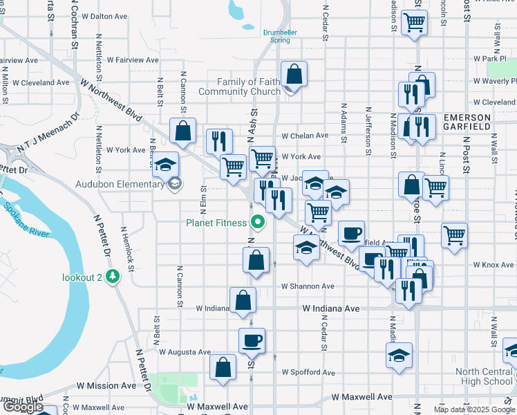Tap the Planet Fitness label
(x=216, y=223)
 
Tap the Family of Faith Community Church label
(x=239, y=86)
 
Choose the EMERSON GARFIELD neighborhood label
(x=467, y=122)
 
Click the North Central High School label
(x=484, y=376)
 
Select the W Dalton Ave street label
(x=103, y=15)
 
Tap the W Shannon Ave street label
(x=308, y=286)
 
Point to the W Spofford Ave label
(x=308, y=372)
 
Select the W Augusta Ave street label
(x=185, y=351)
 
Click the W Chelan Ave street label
(x=305, y=136)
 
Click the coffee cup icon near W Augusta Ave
(x=252, y=340)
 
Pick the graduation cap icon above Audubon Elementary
(x=165, y=164)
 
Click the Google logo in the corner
(x=23, y=407)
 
